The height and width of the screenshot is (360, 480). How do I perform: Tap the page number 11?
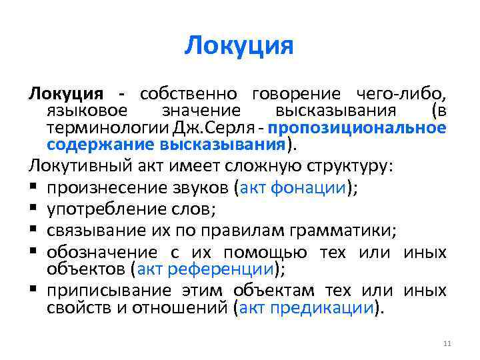pyautogui.click(x=447, y=343)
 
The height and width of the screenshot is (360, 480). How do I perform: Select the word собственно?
pyautogui.click(x=191, y=94)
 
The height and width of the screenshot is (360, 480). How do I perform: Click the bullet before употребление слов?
pyautogui.click(x=33, y=210)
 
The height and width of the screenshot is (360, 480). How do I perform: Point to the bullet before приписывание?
pyautogui.click(x=33, y=291)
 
